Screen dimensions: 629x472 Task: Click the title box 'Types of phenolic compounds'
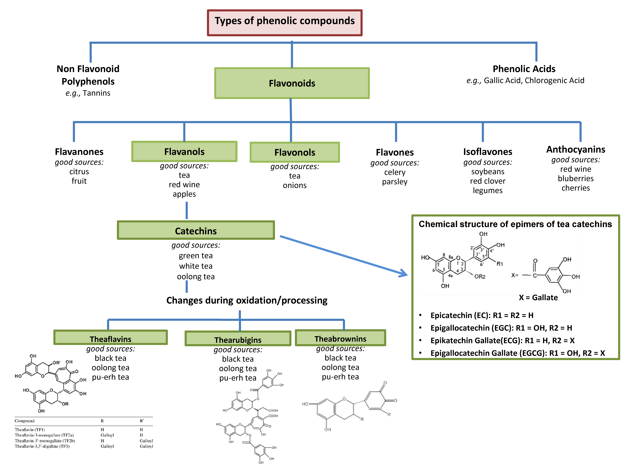tap(285, 23)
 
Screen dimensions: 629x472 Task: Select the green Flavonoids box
tap(292, 83)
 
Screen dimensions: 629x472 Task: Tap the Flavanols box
tap(184, 151)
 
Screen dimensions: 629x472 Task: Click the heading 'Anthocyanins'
tap(576, 149)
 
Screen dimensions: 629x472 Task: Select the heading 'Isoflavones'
tap(488, 152)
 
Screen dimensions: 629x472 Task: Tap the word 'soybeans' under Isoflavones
tap(488, 172)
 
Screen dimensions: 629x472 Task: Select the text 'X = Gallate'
tap(538, 298)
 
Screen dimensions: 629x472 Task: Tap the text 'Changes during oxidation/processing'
tap(247, 300)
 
